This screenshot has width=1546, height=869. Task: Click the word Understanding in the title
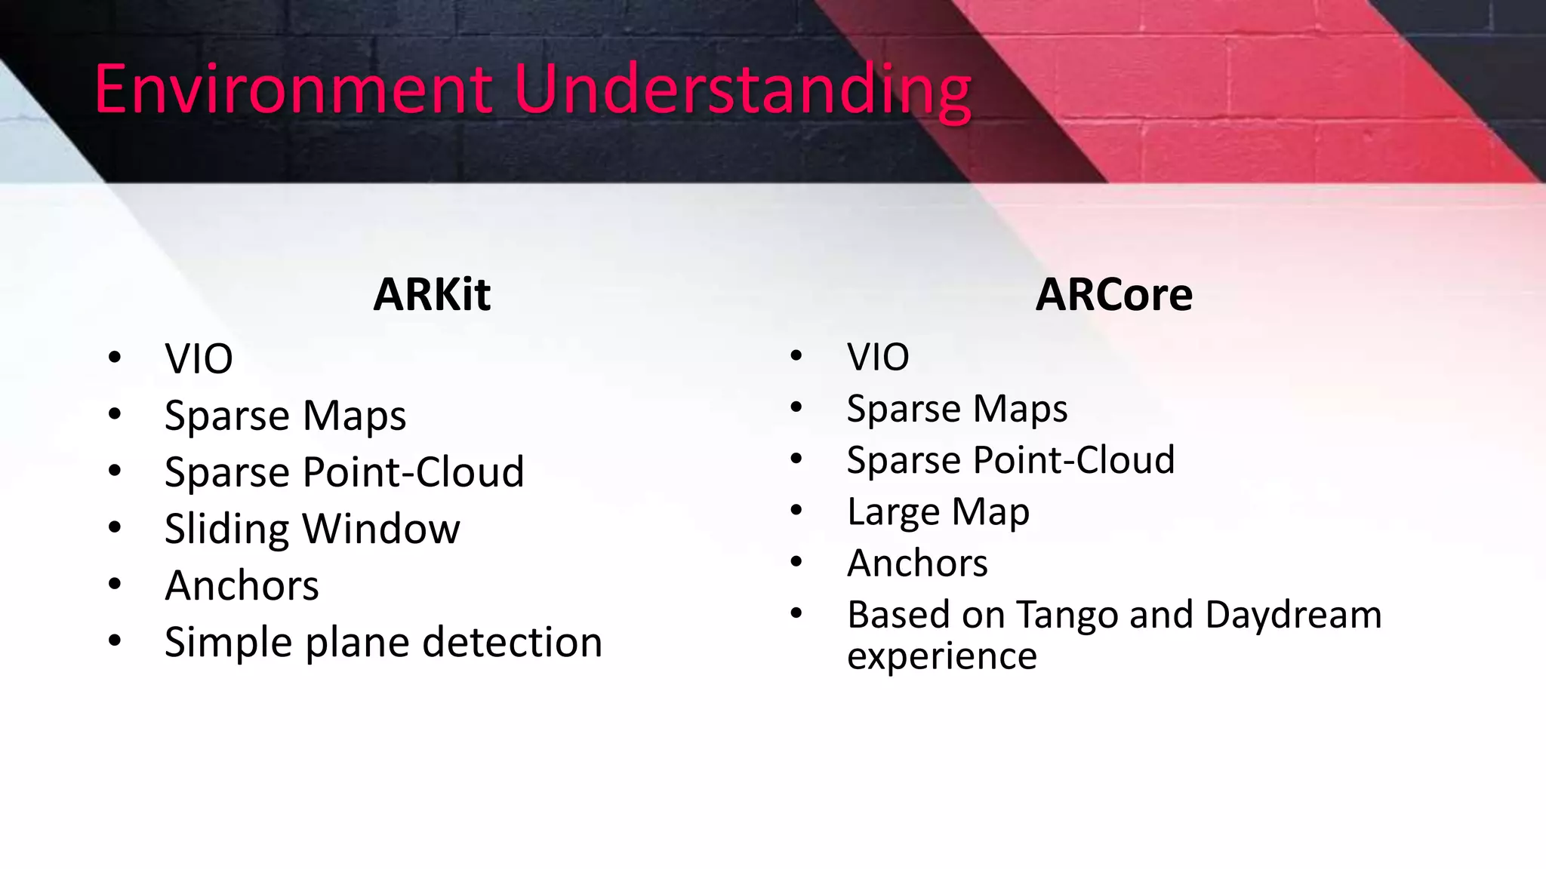tap(742, 91)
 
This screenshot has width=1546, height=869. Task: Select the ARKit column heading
tap(432, 294)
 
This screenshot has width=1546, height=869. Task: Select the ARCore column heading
tap(1113, 294)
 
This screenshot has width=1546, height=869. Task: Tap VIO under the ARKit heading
tap(199, 358)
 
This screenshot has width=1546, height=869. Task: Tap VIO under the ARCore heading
tap(878, 357)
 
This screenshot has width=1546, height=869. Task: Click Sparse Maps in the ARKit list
tap(285, 416)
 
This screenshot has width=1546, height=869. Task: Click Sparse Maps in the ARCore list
tap(957, 409)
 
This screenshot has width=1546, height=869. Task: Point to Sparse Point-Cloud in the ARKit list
tap(344, 472)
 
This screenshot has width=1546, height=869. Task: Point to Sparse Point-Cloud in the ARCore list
tap(1011, 460)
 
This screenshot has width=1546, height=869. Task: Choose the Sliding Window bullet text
tap(312, 529)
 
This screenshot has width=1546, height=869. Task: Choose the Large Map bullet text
tap(938, 512)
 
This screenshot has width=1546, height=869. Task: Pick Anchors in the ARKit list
tap(242, 585)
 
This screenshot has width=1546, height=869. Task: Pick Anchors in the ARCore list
tap(917, 563)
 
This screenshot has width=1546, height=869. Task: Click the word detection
tap(512, 642)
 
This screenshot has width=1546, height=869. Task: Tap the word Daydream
tap(1293, 615)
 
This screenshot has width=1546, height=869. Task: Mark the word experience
tap(941, 656)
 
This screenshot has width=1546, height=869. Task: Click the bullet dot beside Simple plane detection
tap(115, 641)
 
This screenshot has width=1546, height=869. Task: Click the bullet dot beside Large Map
tap(796, 511)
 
